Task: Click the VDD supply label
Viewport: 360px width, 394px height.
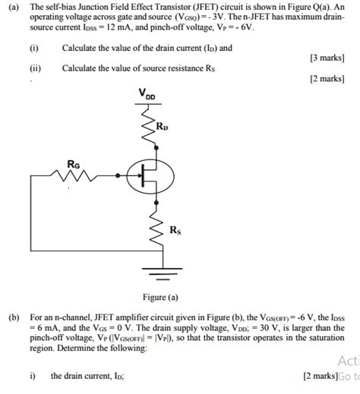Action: (x=147, y=94)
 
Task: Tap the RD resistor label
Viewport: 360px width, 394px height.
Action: (x=163, y=126)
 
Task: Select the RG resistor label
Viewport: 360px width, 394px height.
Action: (x=74, y=163)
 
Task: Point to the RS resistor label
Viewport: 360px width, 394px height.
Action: (x=175, y=231)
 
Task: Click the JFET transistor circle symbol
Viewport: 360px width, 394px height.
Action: (x=147, y=177)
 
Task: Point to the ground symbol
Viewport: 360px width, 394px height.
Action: (x=157, y=272)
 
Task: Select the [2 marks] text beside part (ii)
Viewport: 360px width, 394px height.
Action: (x=327, y=79)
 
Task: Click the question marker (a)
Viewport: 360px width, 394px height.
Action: (x=14, y=6)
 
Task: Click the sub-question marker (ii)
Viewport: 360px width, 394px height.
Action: (x=34, y=68)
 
